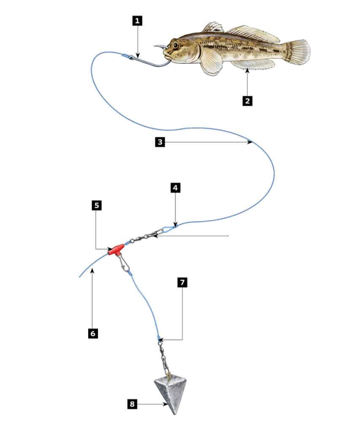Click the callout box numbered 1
[137, 20]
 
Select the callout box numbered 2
[247, 101]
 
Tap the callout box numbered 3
[160, 142]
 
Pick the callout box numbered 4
[175, 188]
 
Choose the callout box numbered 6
[93, 333]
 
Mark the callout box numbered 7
[182, 283]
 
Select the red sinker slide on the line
[116, 250]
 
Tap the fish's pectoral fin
[210, 62]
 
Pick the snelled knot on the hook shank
[126, 56]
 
